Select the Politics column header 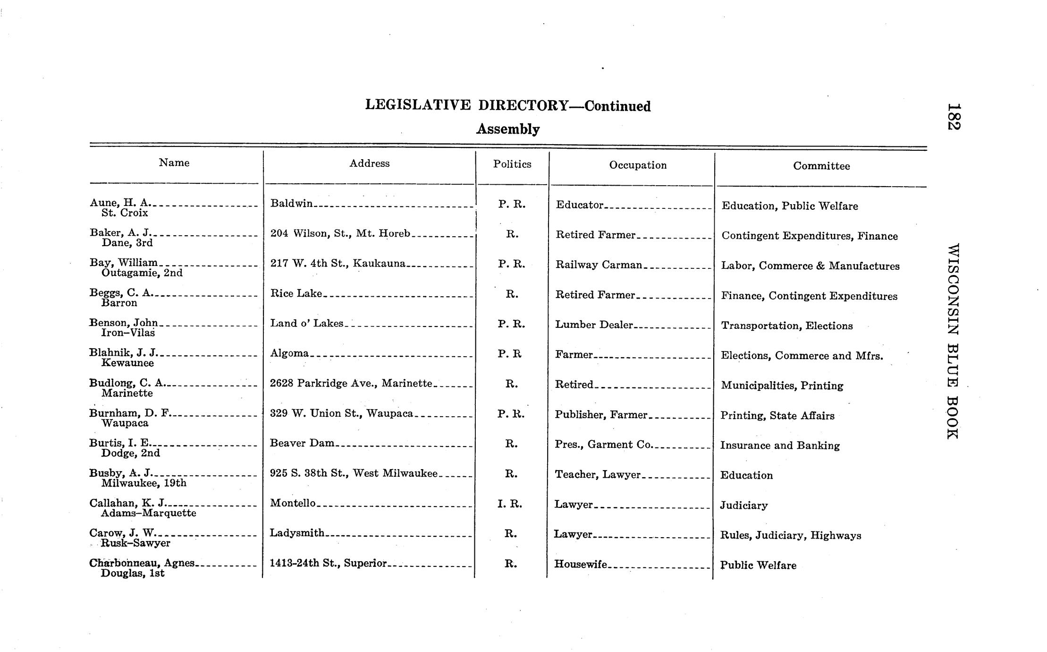(512, 164)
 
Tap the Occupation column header (638, 165)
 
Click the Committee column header (821, 166)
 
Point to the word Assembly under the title (507, 129)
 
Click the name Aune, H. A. (120, 203)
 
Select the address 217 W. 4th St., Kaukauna (338, 263)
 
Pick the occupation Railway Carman (599, 265)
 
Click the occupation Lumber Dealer (594, 325)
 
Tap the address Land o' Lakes (307, 323)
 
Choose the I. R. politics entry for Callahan (510, 504)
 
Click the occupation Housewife (581, 564)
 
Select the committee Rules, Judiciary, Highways (790, 535)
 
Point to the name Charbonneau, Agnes (142, 563)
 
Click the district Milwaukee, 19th (144, 483)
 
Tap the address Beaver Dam (302, 443)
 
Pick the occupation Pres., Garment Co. (603, 445)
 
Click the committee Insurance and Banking (780, 446)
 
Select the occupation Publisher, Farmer (601, 415)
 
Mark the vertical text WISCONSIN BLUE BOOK (953, 341)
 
